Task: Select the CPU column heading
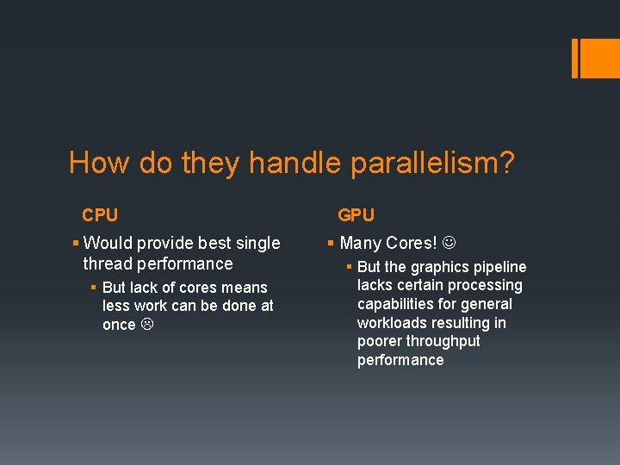click(x=100, y=214)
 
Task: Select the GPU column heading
click(x=356, y=214)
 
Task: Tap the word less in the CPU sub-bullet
click(x=117, y=306)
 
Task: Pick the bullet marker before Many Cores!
click(x=332, y=244)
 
